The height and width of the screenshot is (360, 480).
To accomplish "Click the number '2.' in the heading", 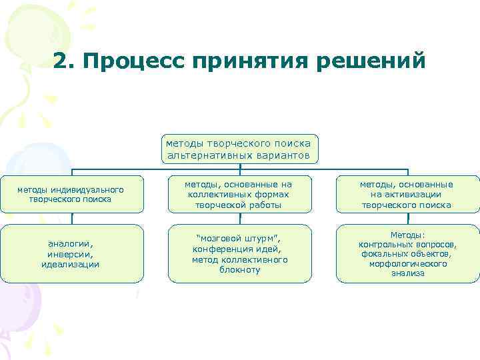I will point(65,61).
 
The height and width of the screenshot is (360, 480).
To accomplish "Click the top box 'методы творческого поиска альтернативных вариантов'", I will point(240,149).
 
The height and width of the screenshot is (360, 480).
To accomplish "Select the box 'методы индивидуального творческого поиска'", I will point(71,194).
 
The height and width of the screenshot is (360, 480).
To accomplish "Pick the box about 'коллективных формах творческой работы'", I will point(240,194).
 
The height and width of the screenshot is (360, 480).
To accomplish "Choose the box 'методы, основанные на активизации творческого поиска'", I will point(407,194).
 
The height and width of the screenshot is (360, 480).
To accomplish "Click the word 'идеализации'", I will point(71,264).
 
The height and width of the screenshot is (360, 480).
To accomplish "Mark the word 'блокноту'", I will point(240,269).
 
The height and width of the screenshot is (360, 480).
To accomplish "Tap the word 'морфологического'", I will point(407,263).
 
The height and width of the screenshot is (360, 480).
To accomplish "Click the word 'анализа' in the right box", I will point(407,273).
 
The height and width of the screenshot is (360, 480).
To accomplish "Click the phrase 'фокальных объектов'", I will point(406,254).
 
